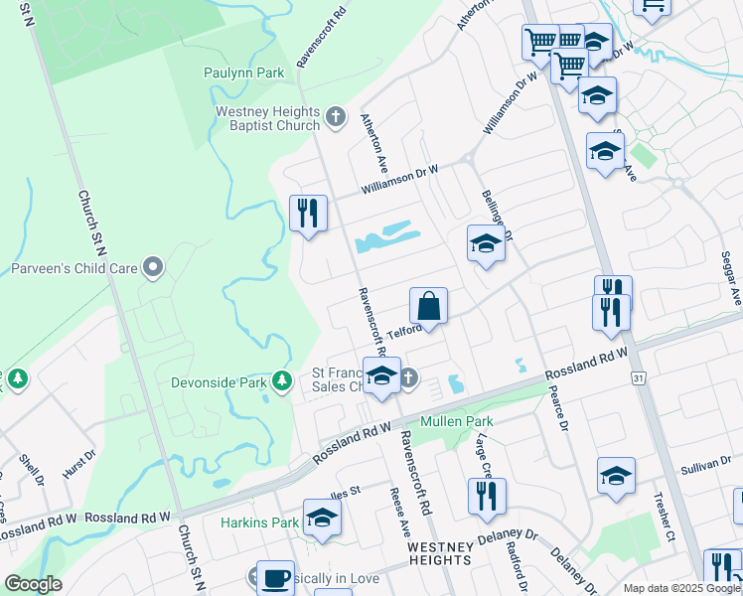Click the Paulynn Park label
tap(243, 73)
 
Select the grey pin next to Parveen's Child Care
tap(152, 266)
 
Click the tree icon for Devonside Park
tap(282, 380)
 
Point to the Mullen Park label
tap(456, 421)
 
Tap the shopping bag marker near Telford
tap(428, 305)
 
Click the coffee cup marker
tap(275, 577)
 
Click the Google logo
tap(33, 584)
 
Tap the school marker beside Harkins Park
tap(322, 517)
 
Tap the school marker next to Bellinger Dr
tap(486, 243)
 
